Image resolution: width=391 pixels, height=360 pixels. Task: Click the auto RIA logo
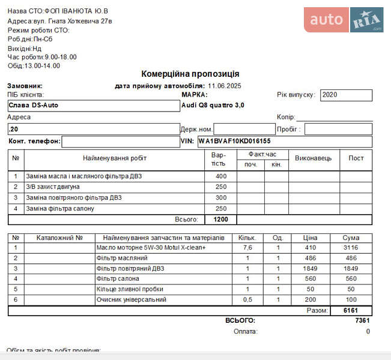click(x=343, y=20)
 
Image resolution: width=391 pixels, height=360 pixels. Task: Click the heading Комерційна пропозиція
click(x=190, y=74)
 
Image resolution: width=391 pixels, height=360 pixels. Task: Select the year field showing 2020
click(x=346, y=95)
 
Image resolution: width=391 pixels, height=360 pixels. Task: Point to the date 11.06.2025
click(x=225, y=86)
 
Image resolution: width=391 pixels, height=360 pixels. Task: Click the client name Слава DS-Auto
click(x=33, y=106)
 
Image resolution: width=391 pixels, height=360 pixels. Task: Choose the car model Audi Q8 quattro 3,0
click(x=213, y=106)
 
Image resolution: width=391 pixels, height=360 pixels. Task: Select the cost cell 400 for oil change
click(x=221, y=176)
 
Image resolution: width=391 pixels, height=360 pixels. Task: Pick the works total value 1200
click(x=221, y=220)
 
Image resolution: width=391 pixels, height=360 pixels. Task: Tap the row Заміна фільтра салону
click(x=60, y=209)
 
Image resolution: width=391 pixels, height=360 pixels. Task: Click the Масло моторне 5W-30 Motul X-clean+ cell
click(x=151, y=248)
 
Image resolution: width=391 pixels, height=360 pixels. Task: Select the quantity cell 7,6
click(x=247, y=248)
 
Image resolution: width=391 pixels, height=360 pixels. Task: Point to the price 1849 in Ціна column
click(x=310, y=268)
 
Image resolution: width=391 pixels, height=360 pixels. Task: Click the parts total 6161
click(x=350, y=311)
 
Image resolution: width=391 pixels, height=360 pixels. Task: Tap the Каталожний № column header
click(x=59, y=238)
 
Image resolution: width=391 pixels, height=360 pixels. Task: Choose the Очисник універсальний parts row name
click(x=132, y=299)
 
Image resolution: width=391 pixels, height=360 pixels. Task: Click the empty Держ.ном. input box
click(x=243, y=129)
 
